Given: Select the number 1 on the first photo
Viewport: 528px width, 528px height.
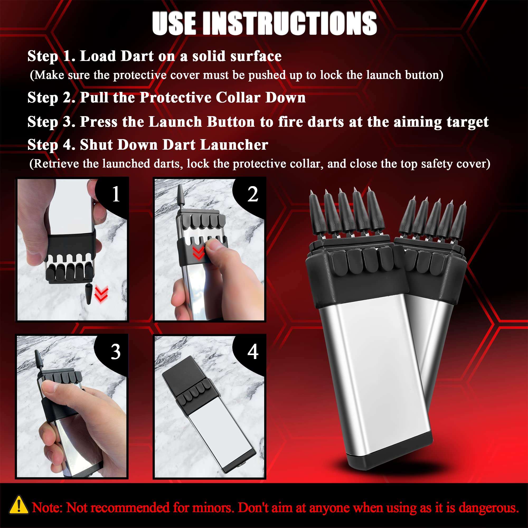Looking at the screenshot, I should [116, 194].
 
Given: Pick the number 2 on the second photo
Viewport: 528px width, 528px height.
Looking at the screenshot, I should [253, 194].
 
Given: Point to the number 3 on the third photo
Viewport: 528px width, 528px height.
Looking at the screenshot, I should [115, 352].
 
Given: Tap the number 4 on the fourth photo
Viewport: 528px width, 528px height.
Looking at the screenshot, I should [253, 352].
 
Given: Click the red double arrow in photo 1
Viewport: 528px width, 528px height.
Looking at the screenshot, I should [101, 294].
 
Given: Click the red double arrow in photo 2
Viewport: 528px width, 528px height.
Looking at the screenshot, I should [199, 253].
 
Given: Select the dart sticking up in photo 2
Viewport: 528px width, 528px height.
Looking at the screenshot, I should [181, 195].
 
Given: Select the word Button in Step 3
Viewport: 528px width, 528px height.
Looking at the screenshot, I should [231, 122].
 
